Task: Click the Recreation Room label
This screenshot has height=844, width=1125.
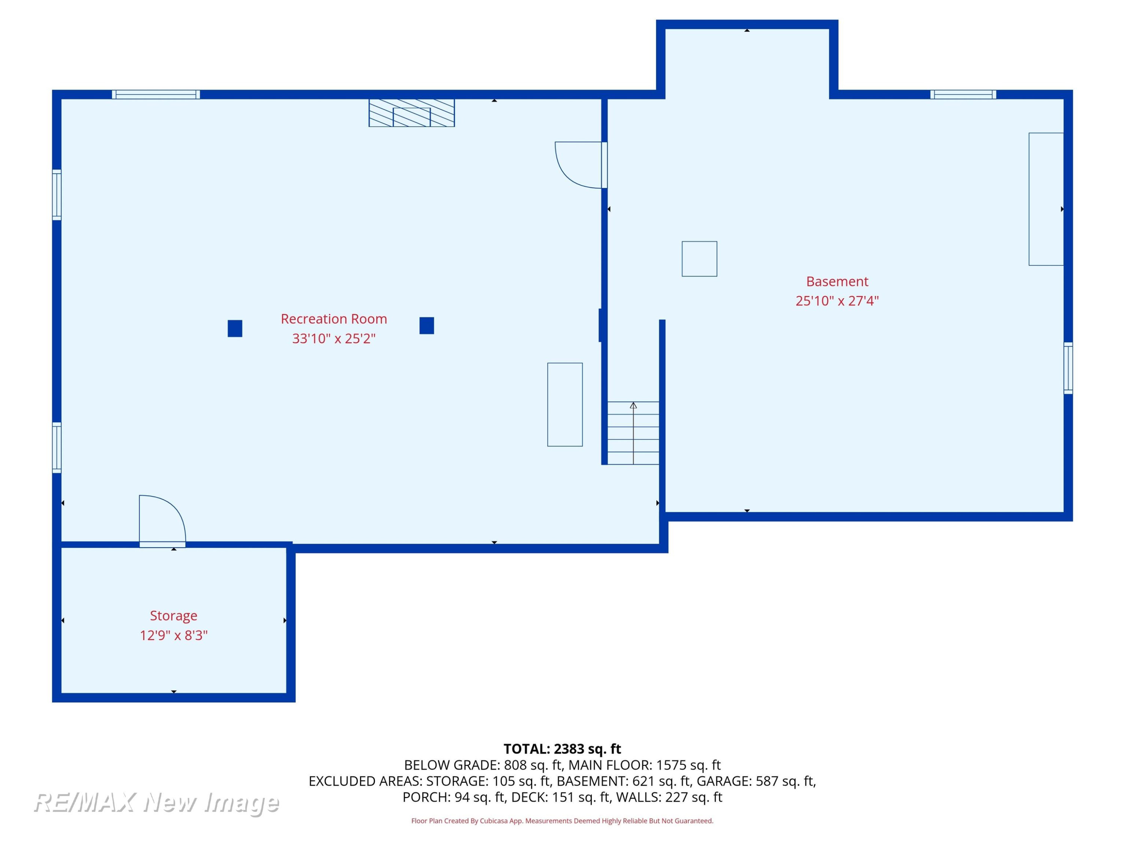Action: pos(334,319)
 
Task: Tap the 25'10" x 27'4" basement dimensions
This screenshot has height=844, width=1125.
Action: pos(837,301)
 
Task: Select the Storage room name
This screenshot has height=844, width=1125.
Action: pos(173,616)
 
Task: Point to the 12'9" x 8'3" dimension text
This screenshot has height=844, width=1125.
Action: pos(173,635)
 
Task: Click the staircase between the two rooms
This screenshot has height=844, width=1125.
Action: pos(633,433)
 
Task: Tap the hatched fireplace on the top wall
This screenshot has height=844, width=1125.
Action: pos(411,113)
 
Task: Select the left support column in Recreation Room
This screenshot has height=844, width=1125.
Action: pos(235,328)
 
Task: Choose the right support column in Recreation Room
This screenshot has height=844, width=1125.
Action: pos(427,326)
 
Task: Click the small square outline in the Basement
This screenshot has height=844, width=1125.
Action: pos(699,259)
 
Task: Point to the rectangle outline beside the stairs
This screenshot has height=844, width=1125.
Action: pos(564,404)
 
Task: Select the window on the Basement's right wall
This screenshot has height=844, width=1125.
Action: pos(1068,368)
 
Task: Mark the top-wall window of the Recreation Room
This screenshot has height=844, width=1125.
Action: pos(156,95)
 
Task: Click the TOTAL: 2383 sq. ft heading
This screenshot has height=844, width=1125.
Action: pos(562,749)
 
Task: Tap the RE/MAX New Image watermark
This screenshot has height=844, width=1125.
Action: pos(156,803)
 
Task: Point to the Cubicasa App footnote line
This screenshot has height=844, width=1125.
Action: pos(562,821)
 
